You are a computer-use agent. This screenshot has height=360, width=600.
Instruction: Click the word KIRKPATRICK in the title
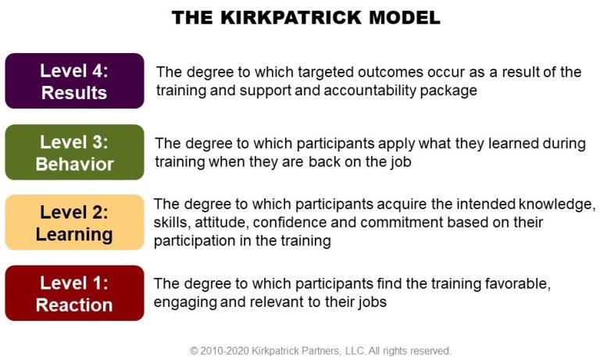(x=291, y=18)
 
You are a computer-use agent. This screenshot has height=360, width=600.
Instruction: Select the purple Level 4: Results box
(x=75, y=80)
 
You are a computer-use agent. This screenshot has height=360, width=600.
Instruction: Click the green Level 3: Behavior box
(x=75, y=151)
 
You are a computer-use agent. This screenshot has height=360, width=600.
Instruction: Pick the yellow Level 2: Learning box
(x=75, y=223)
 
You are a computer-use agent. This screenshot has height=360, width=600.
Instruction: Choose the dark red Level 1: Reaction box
(x=75, y=293)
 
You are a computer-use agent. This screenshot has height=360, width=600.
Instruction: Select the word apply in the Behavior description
(x=396, y=144)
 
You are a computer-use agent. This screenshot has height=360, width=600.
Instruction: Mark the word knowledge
(x=557, y=205)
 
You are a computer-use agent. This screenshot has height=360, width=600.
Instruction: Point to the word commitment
(x=387, y=223)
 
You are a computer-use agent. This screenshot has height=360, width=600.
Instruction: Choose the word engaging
(x=185, y=303)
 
